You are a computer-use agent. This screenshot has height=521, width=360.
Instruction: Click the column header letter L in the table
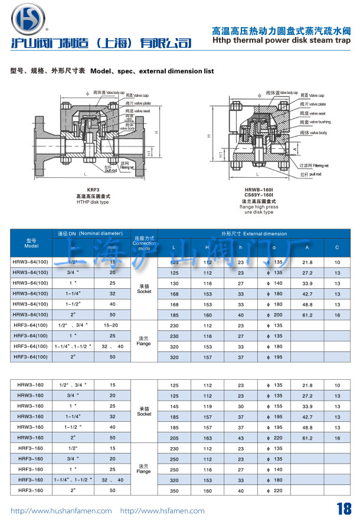pyautogui.click(x=173, y=247)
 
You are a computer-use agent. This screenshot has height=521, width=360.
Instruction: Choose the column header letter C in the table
pyautogui.click(x=337, y=247)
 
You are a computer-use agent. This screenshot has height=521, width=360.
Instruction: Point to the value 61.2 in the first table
pyautogui.click(x=307, y=315)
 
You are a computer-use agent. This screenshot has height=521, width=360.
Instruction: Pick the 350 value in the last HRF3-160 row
pyautogui.click(x=174, y=490)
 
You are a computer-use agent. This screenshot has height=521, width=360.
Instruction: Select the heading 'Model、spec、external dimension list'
pyautogui.click(x=152, y=71)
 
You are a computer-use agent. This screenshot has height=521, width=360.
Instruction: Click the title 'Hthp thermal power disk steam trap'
pyautogui.click(x=280, y=41)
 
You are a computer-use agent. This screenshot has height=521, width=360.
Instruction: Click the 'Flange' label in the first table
pyautogui.click(x=143, y=343)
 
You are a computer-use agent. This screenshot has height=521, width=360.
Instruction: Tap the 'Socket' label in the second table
pyautogui.click(x=144, y=414)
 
